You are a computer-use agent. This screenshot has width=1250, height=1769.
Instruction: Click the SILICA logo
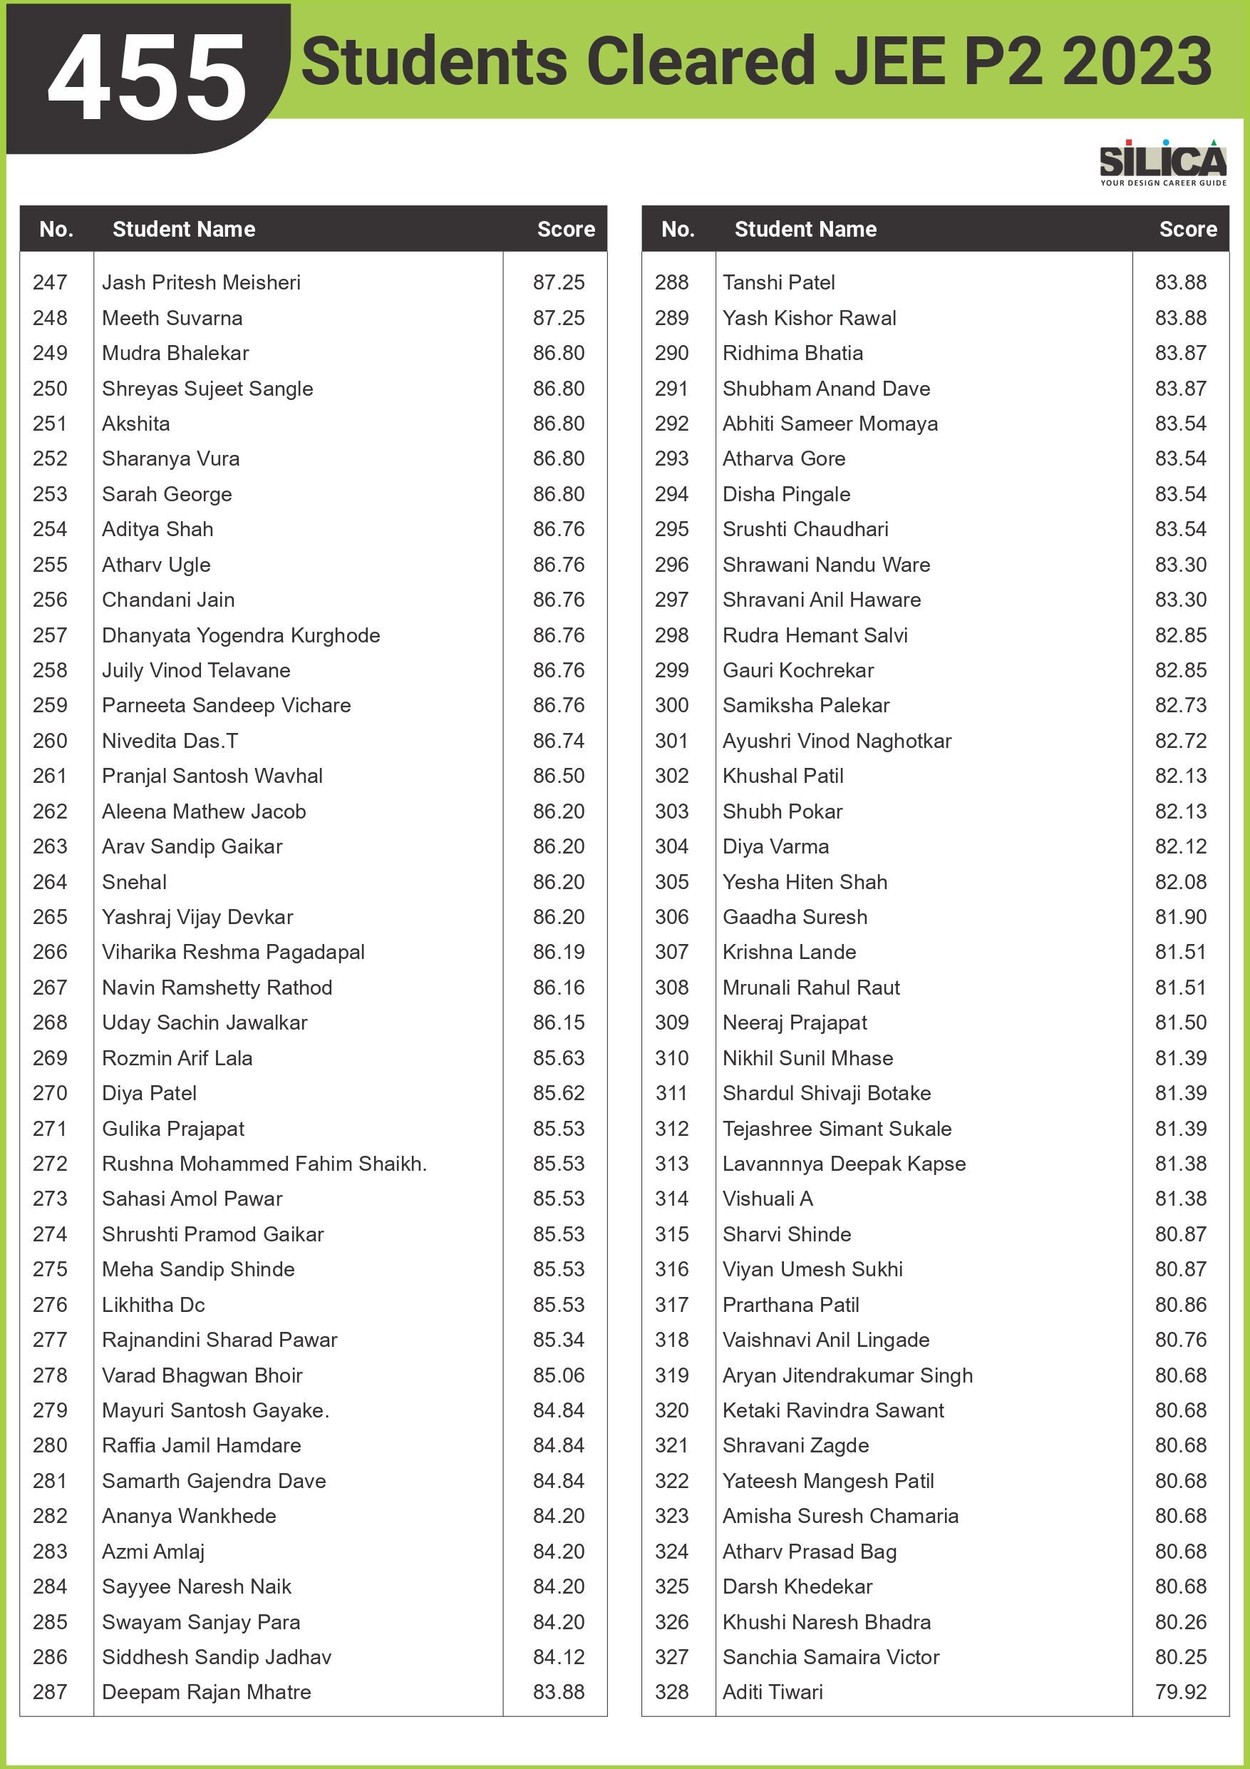click(1163, 163)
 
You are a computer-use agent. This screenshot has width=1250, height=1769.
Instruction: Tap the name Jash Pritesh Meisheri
click(201, 283)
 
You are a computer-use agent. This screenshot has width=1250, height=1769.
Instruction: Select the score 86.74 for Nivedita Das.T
click(559, 742)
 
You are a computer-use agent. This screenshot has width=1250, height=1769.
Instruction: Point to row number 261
click(50, 776)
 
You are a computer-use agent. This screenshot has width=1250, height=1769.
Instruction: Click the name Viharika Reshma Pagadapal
click(233, 953)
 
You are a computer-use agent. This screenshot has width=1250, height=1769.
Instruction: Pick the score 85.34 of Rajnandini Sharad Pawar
click(559, 1340)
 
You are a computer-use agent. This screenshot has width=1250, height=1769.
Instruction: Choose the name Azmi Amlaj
click(153, 1552)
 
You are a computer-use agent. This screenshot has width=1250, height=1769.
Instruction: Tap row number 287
click(50, 1692)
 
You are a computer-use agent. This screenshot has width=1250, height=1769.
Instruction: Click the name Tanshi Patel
click(779, 283)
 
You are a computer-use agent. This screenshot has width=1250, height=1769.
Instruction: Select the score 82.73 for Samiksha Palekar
click(1181, 706)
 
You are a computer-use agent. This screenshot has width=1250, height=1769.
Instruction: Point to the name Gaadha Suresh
click(795, 917)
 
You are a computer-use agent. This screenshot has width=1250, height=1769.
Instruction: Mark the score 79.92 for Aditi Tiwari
click(1181, 1692)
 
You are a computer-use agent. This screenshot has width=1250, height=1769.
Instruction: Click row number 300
click(671, 706)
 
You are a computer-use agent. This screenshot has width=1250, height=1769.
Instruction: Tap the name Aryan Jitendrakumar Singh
click(847, 1375)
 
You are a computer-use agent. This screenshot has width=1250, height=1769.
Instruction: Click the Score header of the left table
click(566, 230)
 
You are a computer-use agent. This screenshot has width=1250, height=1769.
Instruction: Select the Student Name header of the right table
click(805, 230)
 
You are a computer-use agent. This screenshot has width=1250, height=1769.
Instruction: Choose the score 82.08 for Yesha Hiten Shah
click(1181, 882)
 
